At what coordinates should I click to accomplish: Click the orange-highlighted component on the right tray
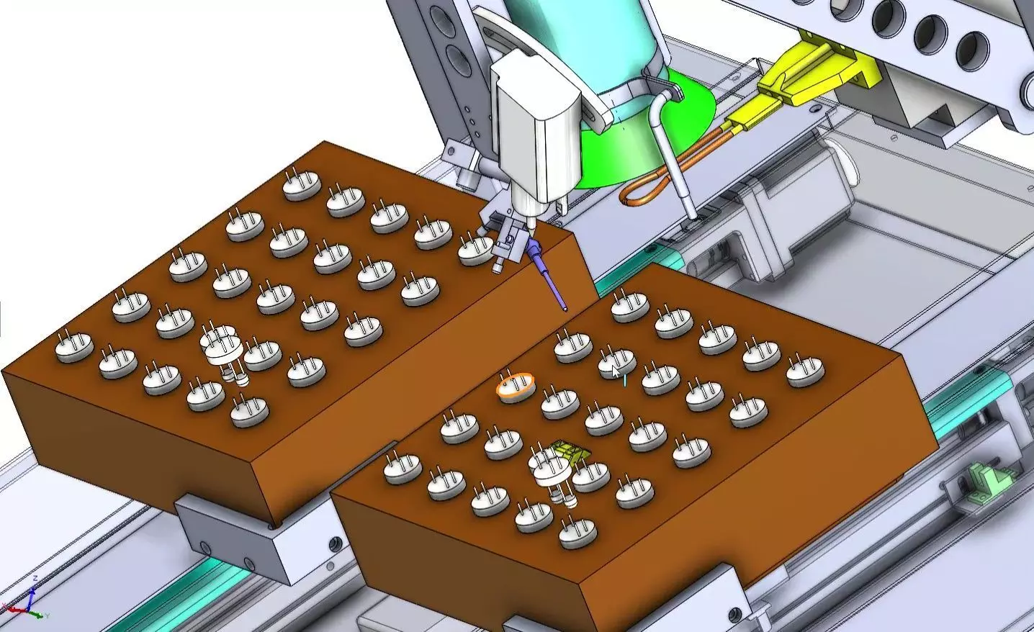516,387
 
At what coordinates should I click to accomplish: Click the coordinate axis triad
32,603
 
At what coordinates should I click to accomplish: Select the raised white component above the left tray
223,348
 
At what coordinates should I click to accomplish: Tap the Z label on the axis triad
35,579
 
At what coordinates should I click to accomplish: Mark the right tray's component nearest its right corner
805,369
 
